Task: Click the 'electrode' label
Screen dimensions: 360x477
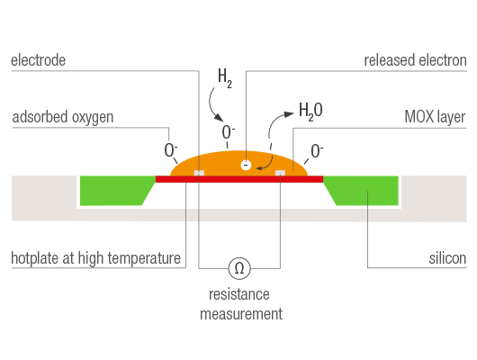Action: click(x=38, y=60)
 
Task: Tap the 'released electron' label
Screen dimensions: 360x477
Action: click(x=415, y=60)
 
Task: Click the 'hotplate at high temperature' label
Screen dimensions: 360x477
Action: click(x=96, y=259)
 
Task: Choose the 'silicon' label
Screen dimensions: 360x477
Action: click(x=445, y=259)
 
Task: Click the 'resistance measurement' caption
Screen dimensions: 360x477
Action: click(x=238, y=304)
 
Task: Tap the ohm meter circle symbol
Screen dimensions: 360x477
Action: click(x=238, y=267)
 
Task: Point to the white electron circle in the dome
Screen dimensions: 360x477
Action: click(x=246, y=165)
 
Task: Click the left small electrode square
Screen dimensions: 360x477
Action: click(x=200, y=173)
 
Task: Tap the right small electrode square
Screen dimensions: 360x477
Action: click(x=281, y=173)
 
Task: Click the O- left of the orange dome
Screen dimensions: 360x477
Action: click(x=170, y=149)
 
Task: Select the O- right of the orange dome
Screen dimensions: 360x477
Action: click(x=317, y=150)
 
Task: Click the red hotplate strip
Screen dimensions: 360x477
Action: click(x=238, y=179)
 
